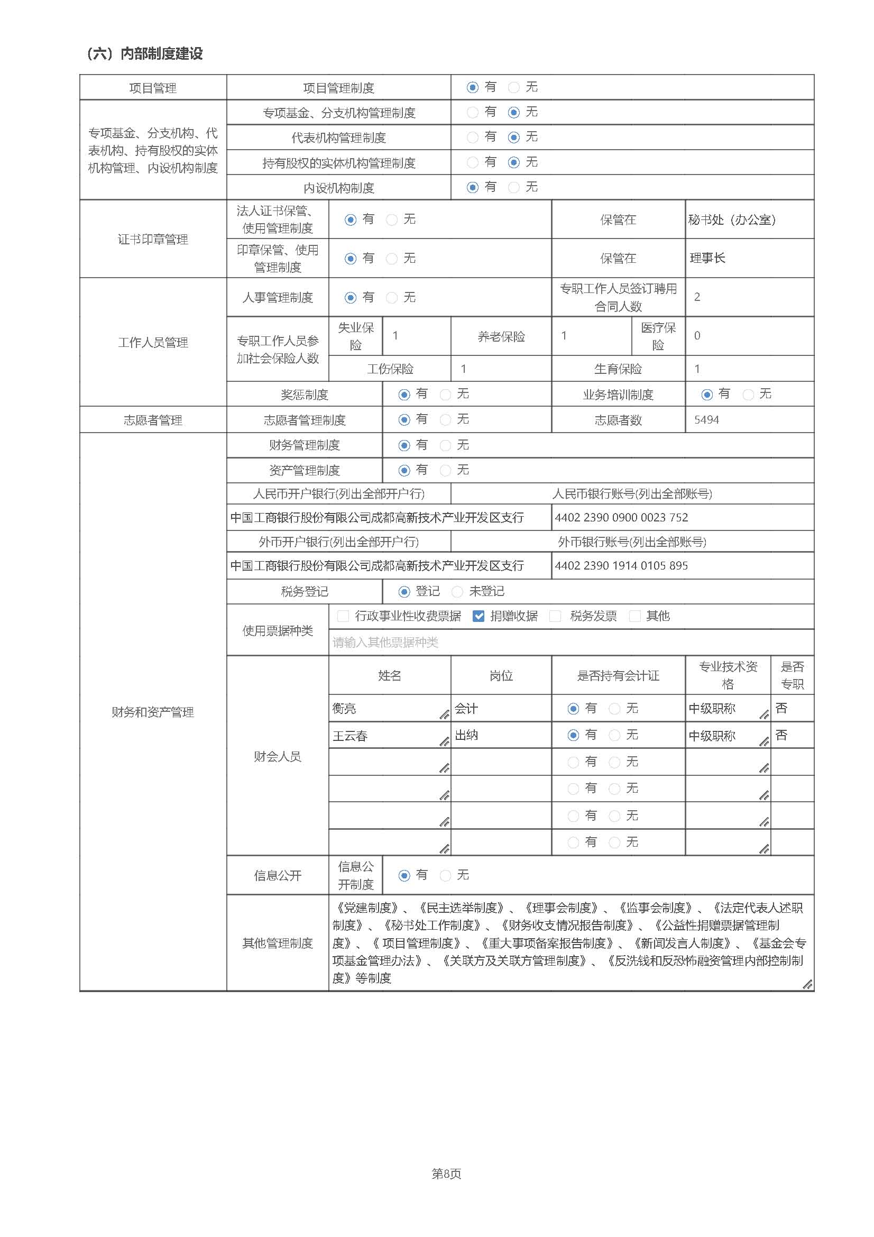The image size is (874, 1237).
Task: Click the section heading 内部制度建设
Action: click(x=161, y=53)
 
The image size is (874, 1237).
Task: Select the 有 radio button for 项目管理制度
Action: click(x=472, y=87)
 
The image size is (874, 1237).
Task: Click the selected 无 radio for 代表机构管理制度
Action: click(x=514, y=138)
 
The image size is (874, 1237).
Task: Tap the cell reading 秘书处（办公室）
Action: click(x=732, y=220)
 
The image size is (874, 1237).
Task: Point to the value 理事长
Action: click(x=707, y=258)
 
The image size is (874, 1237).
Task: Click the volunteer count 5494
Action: click(x=706, y=420)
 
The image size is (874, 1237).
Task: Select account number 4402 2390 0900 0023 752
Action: click(x=621, y=517)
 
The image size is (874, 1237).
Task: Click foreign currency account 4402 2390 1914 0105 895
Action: click(x=621, y=565)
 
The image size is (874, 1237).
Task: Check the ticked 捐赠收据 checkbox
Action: click(x=478, y=616)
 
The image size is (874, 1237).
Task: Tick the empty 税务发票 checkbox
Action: click(x=555, y=616)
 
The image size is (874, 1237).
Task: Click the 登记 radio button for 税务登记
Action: click(x=404, y=592)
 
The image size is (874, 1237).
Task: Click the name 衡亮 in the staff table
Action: click(x=344, y=709)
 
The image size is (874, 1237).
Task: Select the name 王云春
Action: click(x=349, y=736)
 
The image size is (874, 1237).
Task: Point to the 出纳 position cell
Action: click(x=466, y=736)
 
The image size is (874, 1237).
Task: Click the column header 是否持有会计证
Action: click(x=618, y=675)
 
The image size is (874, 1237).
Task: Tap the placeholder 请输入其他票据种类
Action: click(x=385, y=642)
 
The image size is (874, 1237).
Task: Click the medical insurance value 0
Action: click(x=697, y=336)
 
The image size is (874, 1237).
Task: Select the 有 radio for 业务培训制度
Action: click(x=707, y=395)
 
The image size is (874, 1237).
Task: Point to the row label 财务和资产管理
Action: click(x=152, y=712)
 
